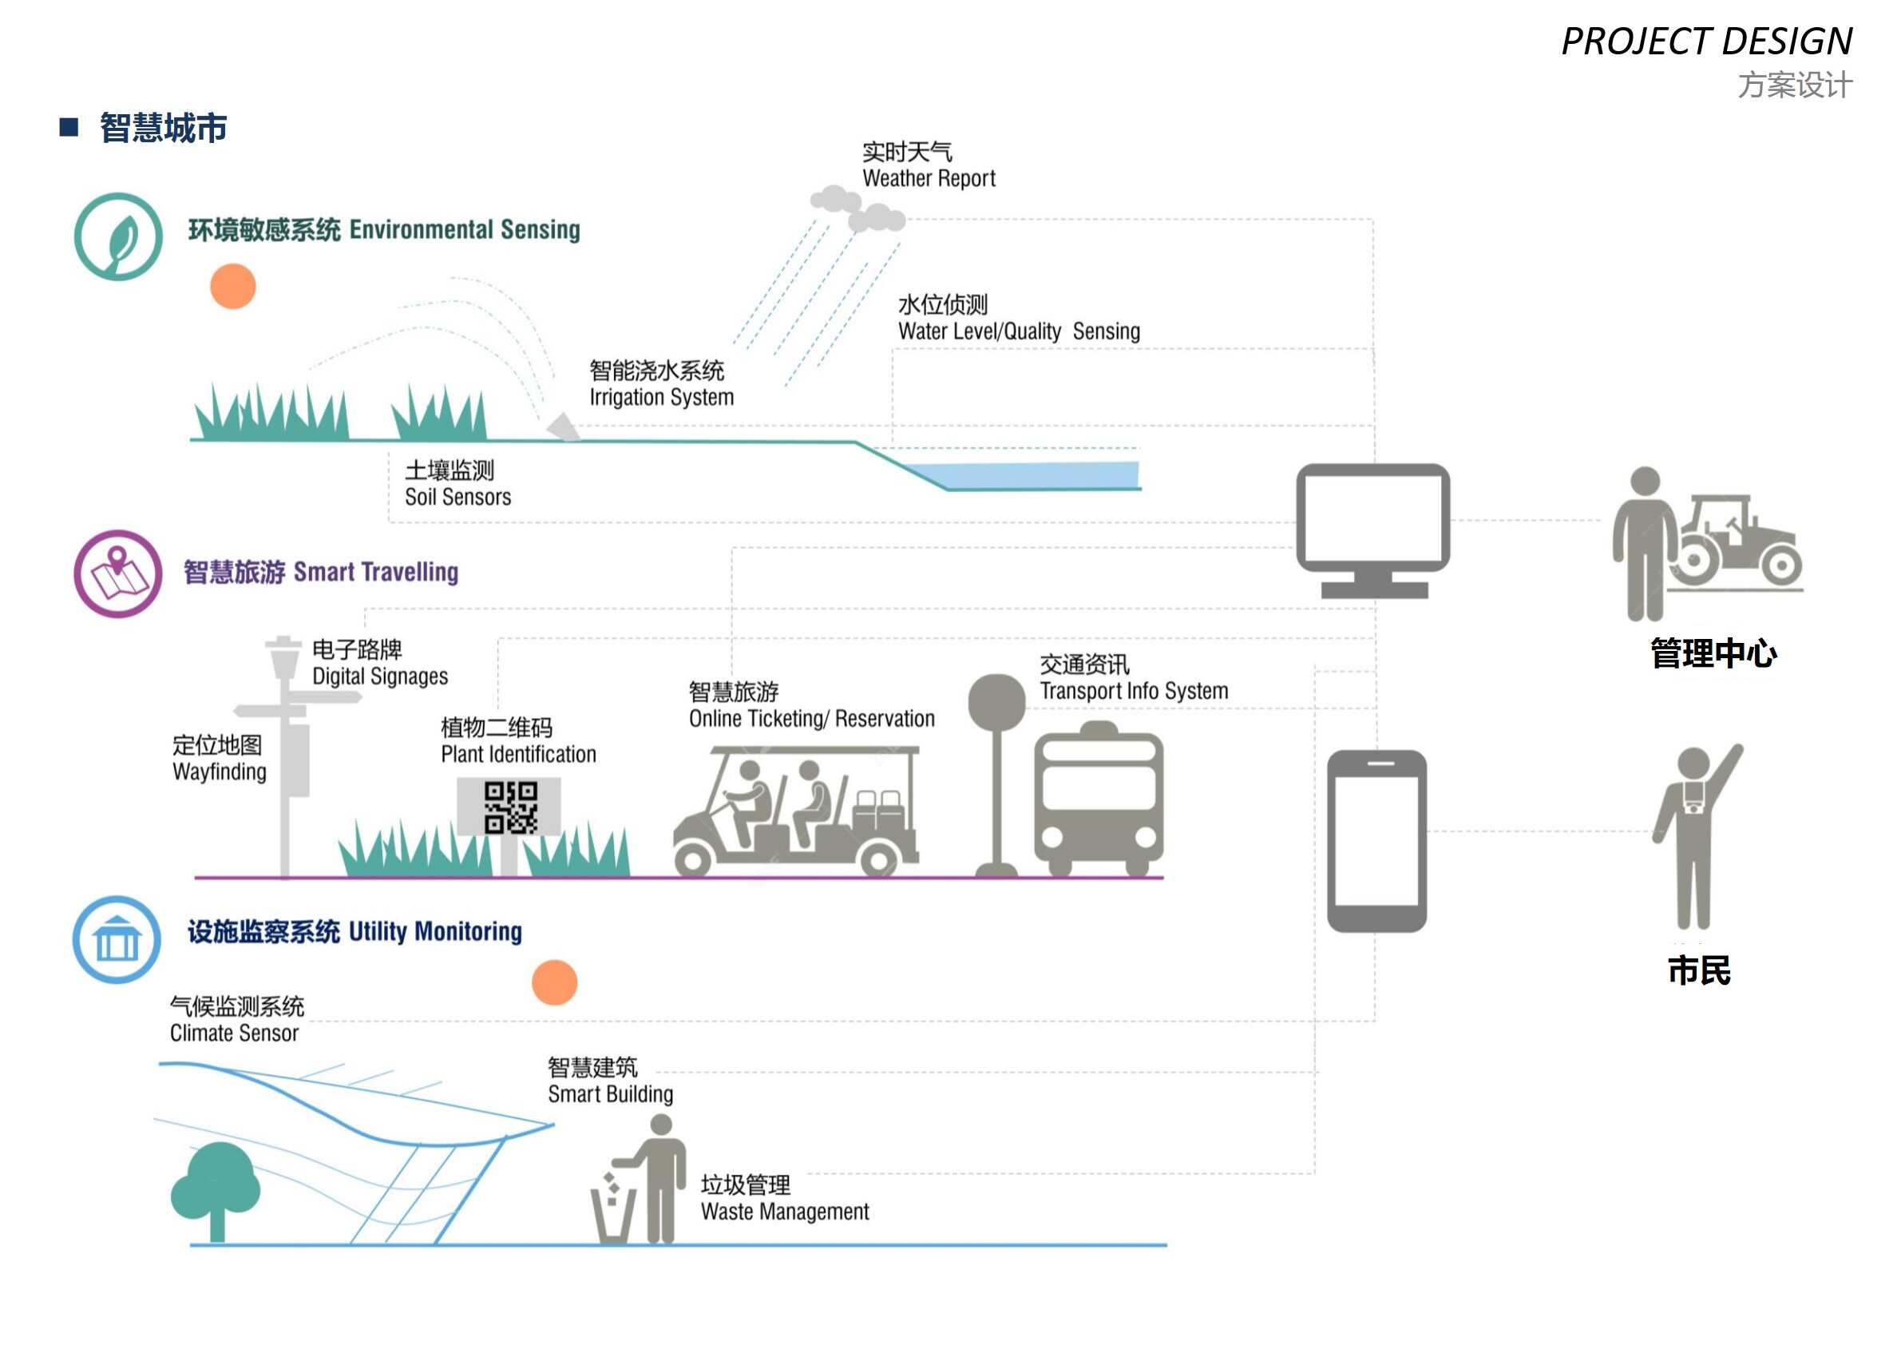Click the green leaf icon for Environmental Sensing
pos(118,237)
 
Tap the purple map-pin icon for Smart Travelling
pos(118,574)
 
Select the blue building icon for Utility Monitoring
pos(117,940)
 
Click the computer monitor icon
pos(1372,529)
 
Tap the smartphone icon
pos(1376,840)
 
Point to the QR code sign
pos(509,807)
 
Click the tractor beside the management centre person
pos(1739,542)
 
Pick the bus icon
pos(1099,799)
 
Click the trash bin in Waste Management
pos(612,1214)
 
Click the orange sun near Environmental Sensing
pos(232,287)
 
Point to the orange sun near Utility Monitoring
pos(554,982)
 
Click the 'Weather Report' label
pos(929,178)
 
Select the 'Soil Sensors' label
pos(457,497)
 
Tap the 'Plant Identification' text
pos(518,755)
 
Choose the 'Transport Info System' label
pos(1134,691)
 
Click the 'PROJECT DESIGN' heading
pos(1706,42)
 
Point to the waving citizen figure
pos(1693,836)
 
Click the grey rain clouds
pos(857,209)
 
